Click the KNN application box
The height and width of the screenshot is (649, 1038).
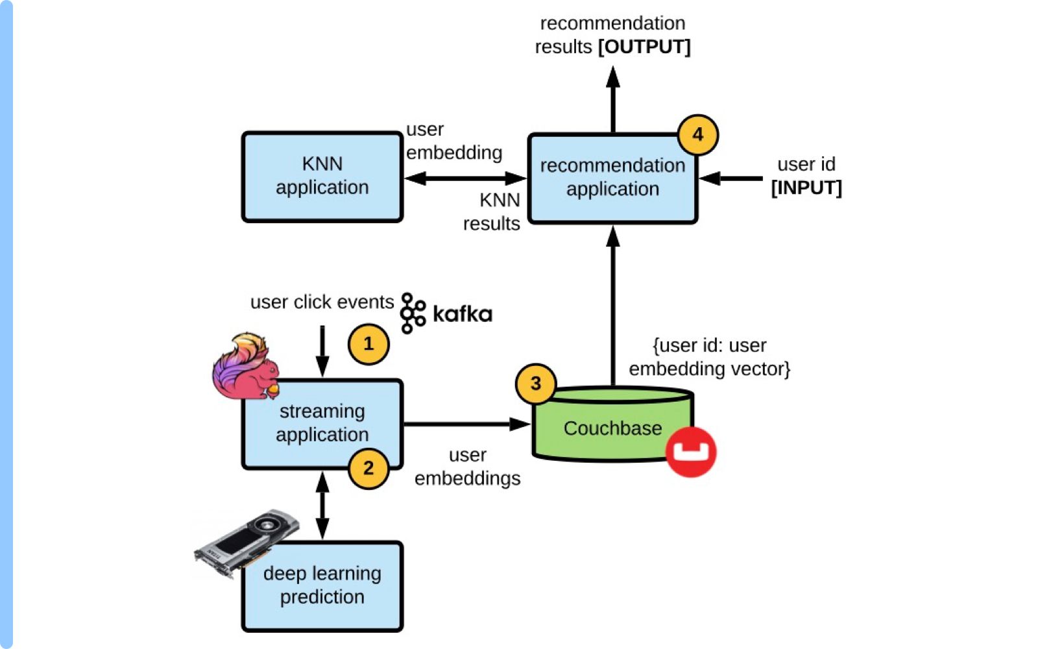[x=322, y=177]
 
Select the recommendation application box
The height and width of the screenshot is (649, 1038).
[x=612, y=178]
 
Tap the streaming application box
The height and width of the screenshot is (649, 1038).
[x=322, y=423]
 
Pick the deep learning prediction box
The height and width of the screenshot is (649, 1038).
[x=322, y=585]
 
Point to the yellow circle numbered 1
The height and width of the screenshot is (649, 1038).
[x=368, y=344]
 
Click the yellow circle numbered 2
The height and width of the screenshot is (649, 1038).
[x=368, y=468]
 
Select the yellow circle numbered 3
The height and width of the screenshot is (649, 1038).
[x=535, y=384]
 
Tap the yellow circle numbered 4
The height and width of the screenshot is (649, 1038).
[x=697, y=135]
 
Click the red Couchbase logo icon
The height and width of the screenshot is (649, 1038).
[x=691, y=452]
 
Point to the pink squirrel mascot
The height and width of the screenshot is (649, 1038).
[x=245, y=367]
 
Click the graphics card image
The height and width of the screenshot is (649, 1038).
[x=247, y=540]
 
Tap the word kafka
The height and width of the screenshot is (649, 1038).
[x=462, y=314]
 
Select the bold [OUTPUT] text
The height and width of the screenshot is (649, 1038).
[x=644, y=47]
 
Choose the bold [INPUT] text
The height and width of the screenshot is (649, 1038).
[x=806, y=188]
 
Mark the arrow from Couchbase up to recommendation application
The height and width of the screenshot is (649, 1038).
[x=613, y=305]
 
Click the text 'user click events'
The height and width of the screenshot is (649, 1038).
[x=322, y=302]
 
